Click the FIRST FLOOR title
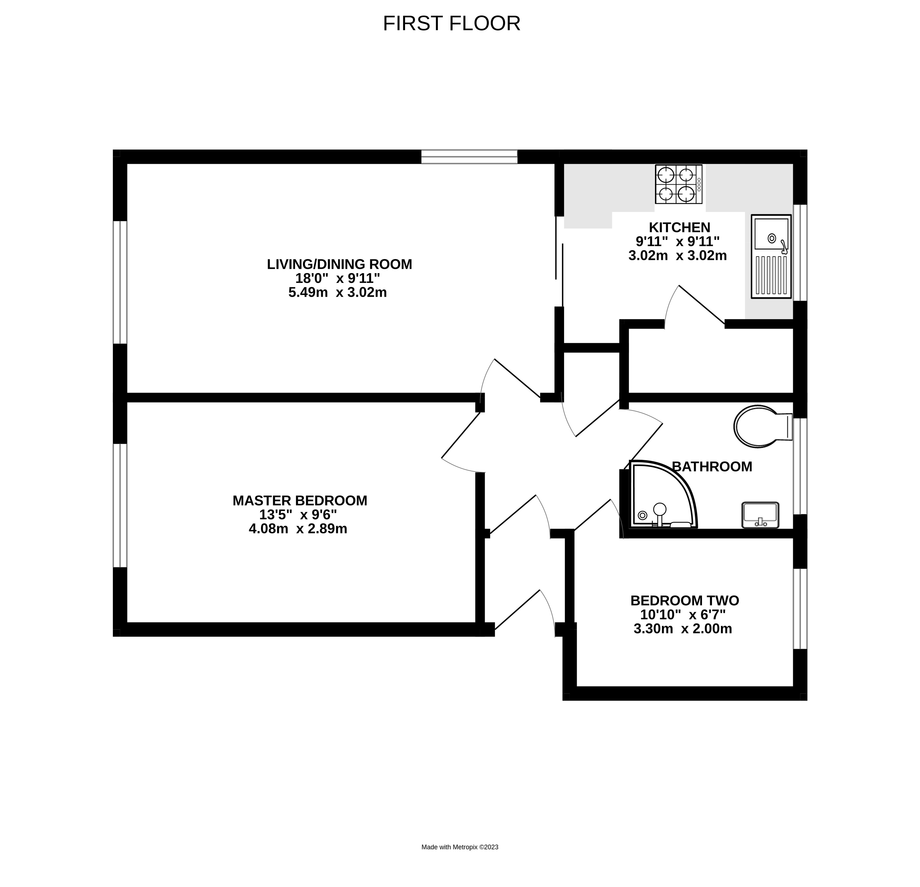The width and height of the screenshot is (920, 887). (x=451, y=23)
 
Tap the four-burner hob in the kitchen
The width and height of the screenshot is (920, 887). (x=678, y=184)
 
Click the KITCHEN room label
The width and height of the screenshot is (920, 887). (x=679, y=228)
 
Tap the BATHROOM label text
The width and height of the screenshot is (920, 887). (x=712, y=467)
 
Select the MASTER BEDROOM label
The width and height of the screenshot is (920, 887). (x=300, y=500)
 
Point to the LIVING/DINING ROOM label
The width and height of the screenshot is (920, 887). (x=339, y=264)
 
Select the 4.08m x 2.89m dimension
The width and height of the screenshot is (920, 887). (x=298, y=529)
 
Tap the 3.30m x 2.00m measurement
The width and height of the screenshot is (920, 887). (x=683, y=629)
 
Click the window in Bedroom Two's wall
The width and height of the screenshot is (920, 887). (x=800, y=609)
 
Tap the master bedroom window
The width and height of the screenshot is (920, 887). (x=120, y=505)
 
